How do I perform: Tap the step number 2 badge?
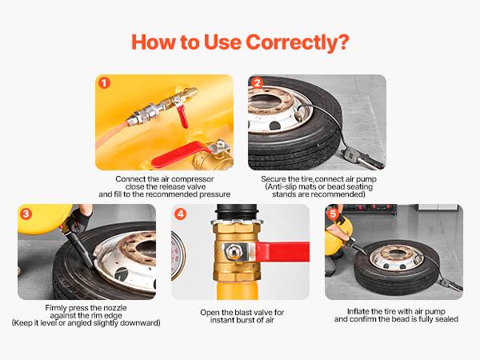click(x=257, y=82)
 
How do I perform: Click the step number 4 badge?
click(x=180, y=213)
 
